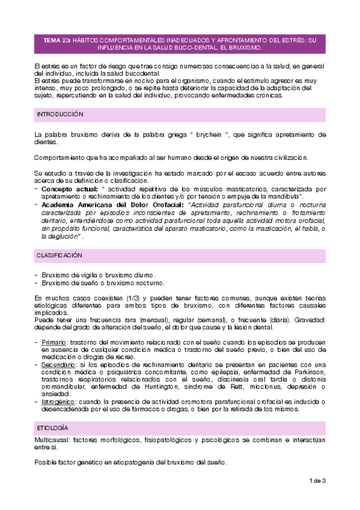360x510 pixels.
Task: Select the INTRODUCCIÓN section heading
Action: pos(60,114)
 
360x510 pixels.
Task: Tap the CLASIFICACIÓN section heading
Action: pos(59,256)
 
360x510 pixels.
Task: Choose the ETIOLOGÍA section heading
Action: pos(52,427)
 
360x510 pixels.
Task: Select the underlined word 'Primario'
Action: pos(55,342)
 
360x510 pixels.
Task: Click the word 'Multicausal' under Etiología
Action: pos(51,440)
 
